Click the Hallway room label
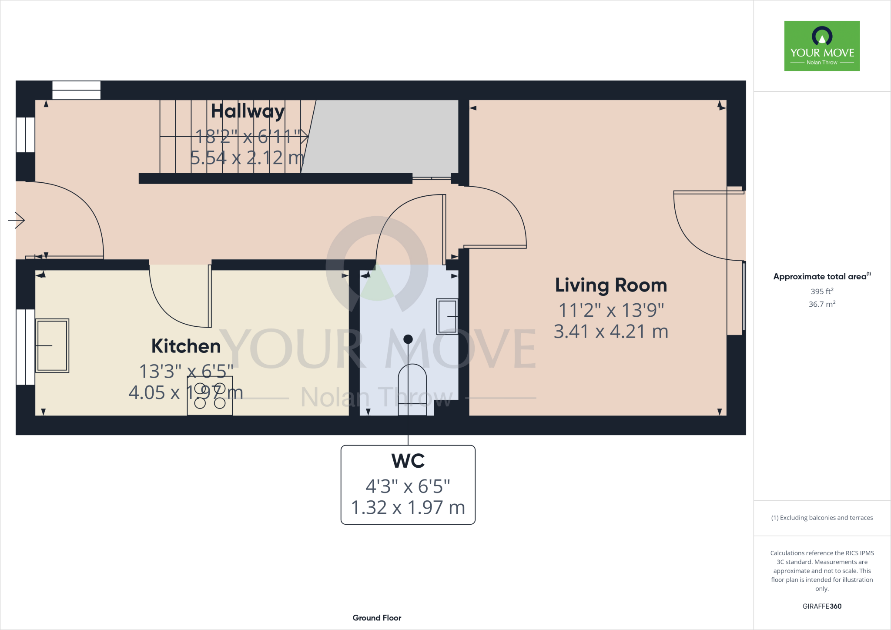tap(248, 111)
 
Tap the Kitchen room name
tap(186, 346)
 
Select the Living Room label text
tap(611, 285)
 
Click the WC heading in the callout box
tap(408, 461)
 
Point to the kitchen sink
tap(52, 345)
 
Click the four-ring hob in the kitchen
tap(210, 396)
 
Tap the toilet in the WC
tap(412, 389)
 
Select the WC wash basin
tap(447, 316)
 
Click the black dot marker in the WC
tap(408, 339)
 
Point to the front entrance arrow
tap(17, 220)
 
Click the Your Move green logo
tap(822, 46)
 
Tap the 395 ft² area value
tap(822, 292)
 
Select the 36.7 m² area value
tap(822, 304)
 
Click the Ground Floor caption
tap(377, 618)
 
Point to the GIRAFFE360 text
tap(822, 606)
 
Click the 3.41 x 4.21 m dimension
tap(611, 332)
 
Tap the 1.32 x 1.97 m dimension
tap(408, 508)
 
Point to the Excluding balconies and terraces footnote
tap(822, 518)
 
